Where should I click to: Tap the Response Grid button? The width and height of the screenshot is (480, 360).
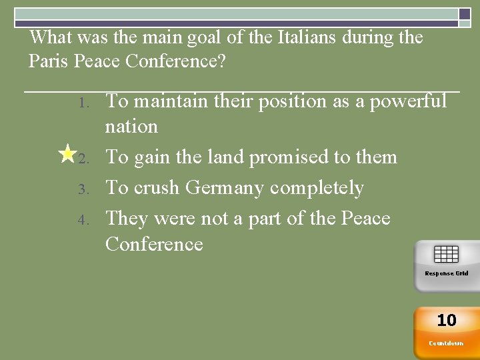tap(446, 265)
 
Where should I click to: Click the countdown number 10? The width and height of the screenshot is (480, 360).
tap(446, 321)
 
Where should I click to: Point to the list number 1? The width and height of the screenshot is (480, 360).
tap(83, 103)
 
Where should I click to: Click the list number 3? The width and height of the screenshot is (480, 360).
tap(83, 190)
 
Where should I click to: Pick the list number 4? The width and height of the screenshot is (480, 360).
tap(83, 221)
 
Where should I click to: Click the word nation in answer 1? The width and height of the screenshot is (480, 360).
tap(131, 127)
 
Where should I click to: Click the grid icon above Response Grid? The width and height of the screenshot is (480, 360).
tap(446, 255)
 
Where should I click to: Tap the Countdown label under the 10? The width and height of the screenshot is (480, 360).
tap(446, 343)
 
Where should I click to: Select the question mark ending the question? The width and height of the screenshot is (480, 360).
tap(222, 61)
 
